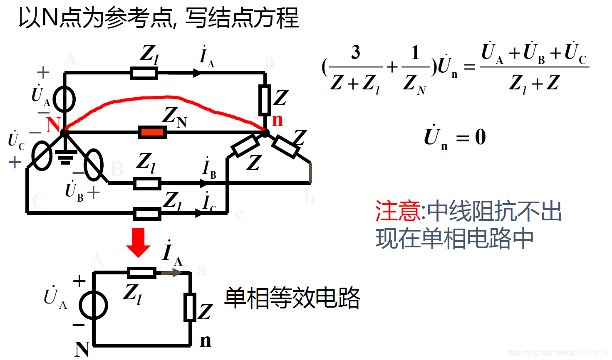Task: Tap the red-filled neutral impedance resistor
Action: coord(152,133)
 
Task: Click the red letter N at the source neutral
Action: coord(53,124)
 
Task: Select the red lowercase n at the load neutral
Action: coord(278,120)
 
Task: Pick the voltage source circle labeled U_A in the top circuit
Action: coord(64,100)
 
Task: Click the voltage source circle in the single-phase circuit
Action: coord(94,306)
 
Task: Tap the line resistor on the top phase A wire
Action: coord(144,73)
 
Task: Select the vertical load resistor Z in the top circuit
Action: coord(264,100)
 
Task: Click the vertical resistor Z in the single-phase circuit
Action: coord(190,307)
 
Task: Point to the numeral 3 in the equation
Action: coord(355,53)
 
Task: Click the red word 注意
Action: coord(398,211)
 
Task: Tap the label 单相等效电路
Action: coord(292,298)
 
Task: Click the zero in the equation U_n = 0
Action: coord(481,137)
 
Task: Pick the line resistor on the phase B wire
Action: coord(147,183)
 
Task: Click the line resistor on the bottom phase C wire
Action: coord(147,214)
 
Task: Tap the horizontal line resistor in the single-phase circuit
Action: coord(141,273)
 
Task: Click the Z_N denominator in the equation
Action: coord(414,84)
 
